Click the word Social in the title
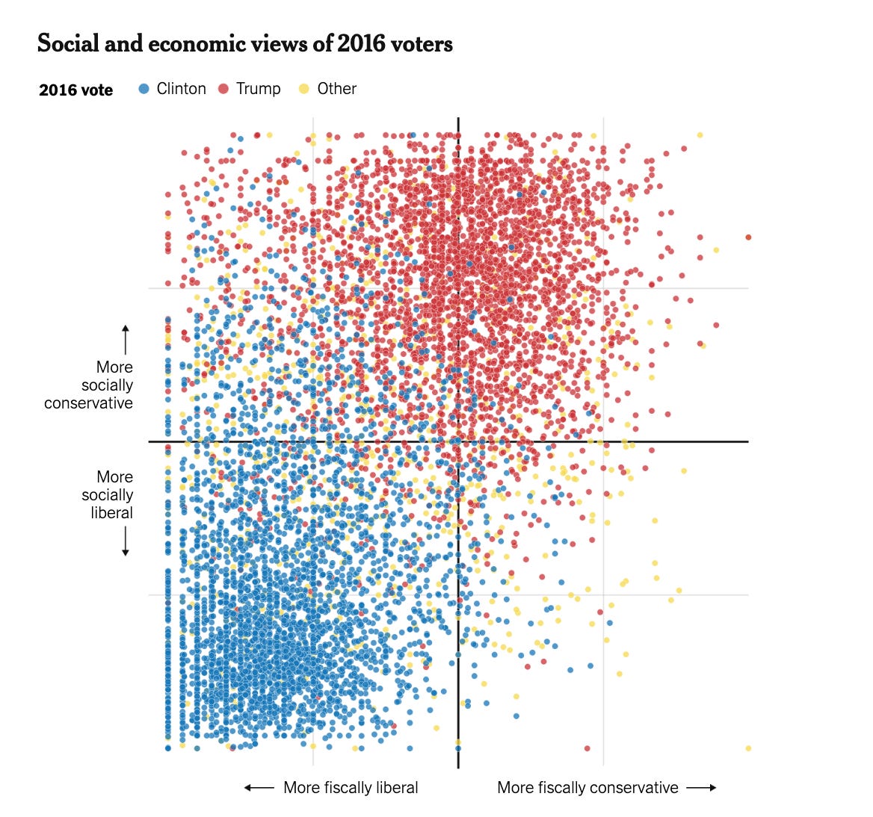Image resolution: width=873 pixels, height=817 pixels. coord(66,44)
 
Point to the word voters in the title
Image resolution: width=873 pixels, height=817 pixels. coord(420,44)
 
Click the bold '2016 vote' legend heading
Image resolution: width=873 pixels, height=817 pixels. coord(75,90)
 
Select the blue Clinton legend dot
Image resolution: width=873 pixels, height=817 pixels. coord(144,89)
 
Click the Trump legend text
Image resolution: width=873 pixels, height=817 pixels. coord(258,89)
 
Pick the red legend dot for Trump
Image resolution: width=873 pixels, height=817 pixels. coord(223,89)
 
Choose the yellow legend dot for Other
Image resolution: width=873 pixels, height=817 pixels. coord(304,89)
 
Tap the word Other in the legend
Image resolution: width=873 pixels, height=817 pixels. coord(336,89)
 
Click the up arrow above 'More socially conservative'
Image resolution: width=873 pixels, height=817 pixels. coord(126,340)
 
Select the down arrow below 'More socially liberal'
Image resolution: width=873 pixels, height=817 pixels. coord(126,541)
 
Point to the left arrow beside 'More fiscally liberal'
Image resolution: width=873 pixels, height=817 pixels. coord(259,788)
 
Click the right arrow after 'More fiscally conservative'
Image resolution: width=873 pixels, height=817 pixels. coord(701,788)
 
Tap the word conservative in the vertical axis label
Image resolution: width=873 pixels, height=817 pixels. coord(88,403)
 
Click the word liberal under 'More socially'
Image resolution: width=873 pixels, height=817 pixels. coord(111,513)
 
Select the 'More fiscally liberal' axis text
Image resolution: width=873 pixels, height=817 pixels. coord(351,788)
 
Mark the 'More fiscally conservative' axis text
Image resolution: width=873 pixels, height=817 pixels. coord(587,788)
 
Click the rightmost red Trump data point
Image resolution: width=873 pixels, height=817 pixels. coord(748,237)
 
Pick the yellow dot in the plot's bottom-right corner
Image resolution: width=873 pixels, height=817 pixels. coord(748,748)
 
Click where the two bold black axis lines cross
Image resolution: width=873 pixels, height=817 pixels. coord(458,441)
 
